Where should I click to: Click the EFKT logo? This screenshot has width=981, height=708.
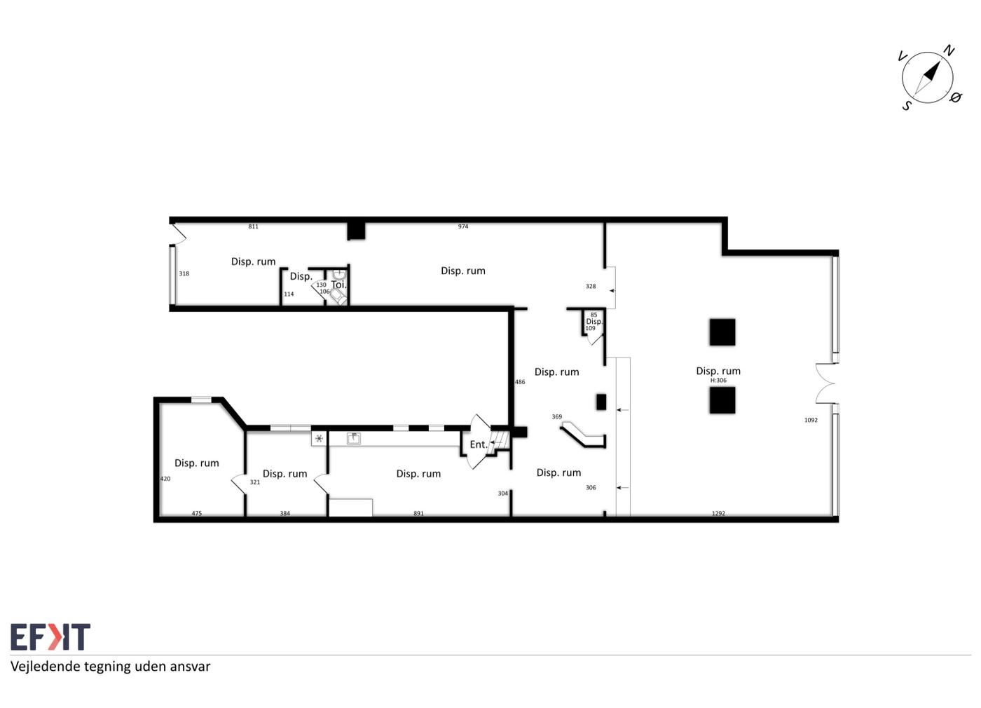[x=50, y=636]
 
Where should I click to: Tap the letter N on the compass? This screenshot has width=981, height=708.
[x=949, y=50]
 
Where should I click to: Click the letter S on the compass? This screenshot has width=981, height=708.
[x=907, y=106]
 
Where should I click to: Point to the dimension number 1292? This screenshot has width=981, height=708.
[x=718, y=513]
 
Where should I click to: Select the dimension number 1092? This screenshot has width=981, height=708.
[x=811, y=420]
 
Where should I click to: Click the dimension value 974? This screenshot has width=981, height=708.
[x=463, y=226]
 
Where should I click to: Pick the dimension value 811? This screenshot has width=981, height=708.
[x=253, y=226]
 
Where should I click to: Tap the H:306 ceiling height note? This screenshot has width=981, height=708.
[x=718, y=380]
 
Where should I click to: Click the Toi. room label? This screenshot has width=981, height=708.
[x=338, y=285]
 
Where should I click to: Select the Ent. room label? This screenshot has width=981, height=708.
[x=478, y=444]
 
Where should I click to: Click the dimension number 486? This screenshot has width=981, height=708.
[x=520, y=382]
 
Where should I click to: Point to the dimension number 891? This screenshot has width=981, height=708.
[x=418, y=513]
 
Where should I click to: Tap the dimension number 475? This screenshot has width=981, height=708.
[x=197, y=513]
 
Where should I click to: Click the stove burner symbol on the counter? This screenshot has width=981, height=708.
[x=320, y=438]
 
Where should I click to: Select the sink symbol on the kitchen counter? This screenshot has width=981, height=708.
[x=353, y=438]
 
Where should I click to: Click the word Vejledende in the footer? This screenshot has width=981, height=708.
[x=46, y=667]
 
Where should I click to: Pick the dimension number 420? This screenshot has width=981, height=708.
[x=165, y=479]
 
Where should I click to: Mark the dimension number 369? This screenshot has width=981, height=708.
[x=556, y=416]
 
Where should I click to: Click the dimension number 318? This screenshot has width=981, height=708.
[x=184, y=274]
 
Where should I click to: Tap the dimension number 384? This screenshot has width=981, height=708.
[x=284, y=513]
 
